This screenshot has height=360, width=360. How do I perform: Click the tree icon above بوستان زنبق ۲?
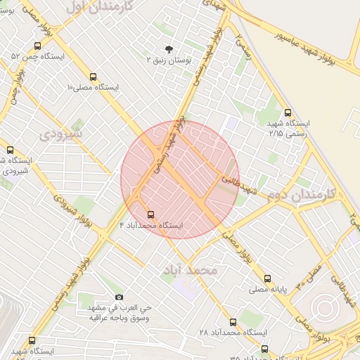169,49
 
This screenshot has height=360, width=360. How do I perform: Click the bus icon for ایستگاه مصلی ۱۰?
93,77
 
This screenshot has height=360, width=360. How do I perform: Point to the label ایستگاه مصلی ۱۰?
93,88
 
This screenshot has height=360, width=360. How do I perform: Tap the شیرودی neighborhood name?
60,133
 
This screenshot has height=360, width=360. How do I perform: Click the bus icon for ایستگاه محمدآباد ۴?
150,214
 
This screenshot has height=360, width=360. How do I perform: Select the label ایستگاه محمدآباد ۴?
150,225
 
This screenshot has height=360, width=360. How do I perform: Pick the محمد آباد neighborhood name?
191,270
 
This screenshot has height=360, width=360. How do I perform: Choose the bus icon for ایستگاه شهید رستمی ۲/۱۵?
287,112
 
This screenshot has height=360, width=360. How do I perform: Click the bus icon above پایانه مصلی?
266,278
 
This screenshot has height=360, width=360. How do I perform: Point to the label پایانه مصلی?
266,289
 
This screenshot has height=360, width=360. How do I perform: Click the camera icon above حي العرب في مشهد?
118,297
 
